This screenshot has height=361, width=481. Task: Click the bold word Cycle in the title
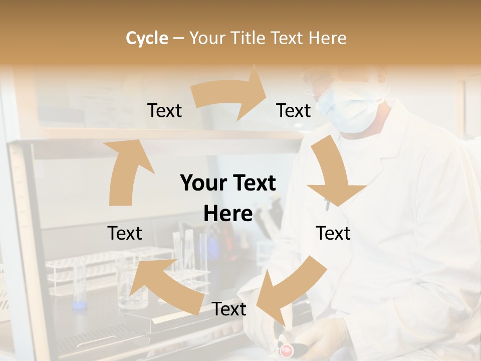coord(147,38)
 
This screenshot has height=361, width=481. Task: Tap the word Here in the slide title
coord(328,38)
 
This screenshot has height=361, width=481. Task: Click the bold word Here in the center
coord(228,214)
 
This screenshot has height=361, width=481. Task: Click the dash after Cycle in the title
coord(179,39)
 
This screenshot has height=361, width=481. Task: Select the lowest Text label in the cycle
coord(229,309)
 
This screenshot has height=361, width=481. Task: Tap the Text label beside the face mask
coord(294,110)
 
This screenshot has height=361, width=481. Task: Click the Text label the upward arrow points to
coord(164,110)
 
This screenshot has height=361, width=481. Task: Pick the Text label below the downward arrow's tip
coord(333,233)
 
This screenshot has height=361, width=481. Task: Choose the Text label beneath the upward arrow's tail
coord(125,233)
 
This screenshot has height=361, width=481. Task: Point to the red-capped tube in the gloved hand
coord(287,349)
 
